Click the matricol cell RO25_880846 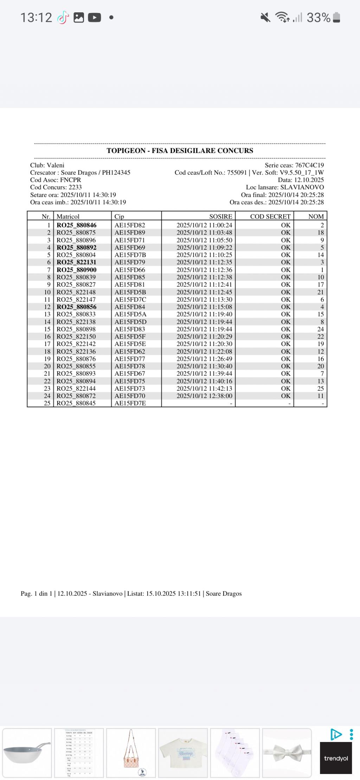coord(76,225)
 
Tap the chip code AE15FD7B coord(130,255)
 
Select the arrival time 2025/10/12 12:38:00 coord(204,396)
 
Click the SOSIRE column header coord(220,217)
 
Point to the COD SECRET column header coord(270,217)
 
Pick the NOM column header coord(316,217)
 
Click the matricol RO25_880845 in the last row coord(76,403)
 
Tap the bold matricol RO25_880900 coord(76,270)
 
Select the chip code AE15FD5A coord(130,314)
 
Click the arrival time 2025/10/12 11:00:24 coord(204,225)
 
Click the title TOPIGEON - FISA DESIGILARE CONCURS coord(180,151)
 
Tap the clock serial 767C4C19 coord(309,165)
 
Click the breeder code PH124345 coord(116,173)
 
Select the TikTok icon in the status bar coord(63,17)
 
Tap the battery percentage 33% coord(318,17)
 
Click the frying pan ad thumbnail coord(27,753)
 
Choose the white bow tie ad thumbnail coord(287,753)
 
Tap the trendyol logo coord(336,758)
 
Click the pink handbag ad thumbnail coord(131,753)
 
